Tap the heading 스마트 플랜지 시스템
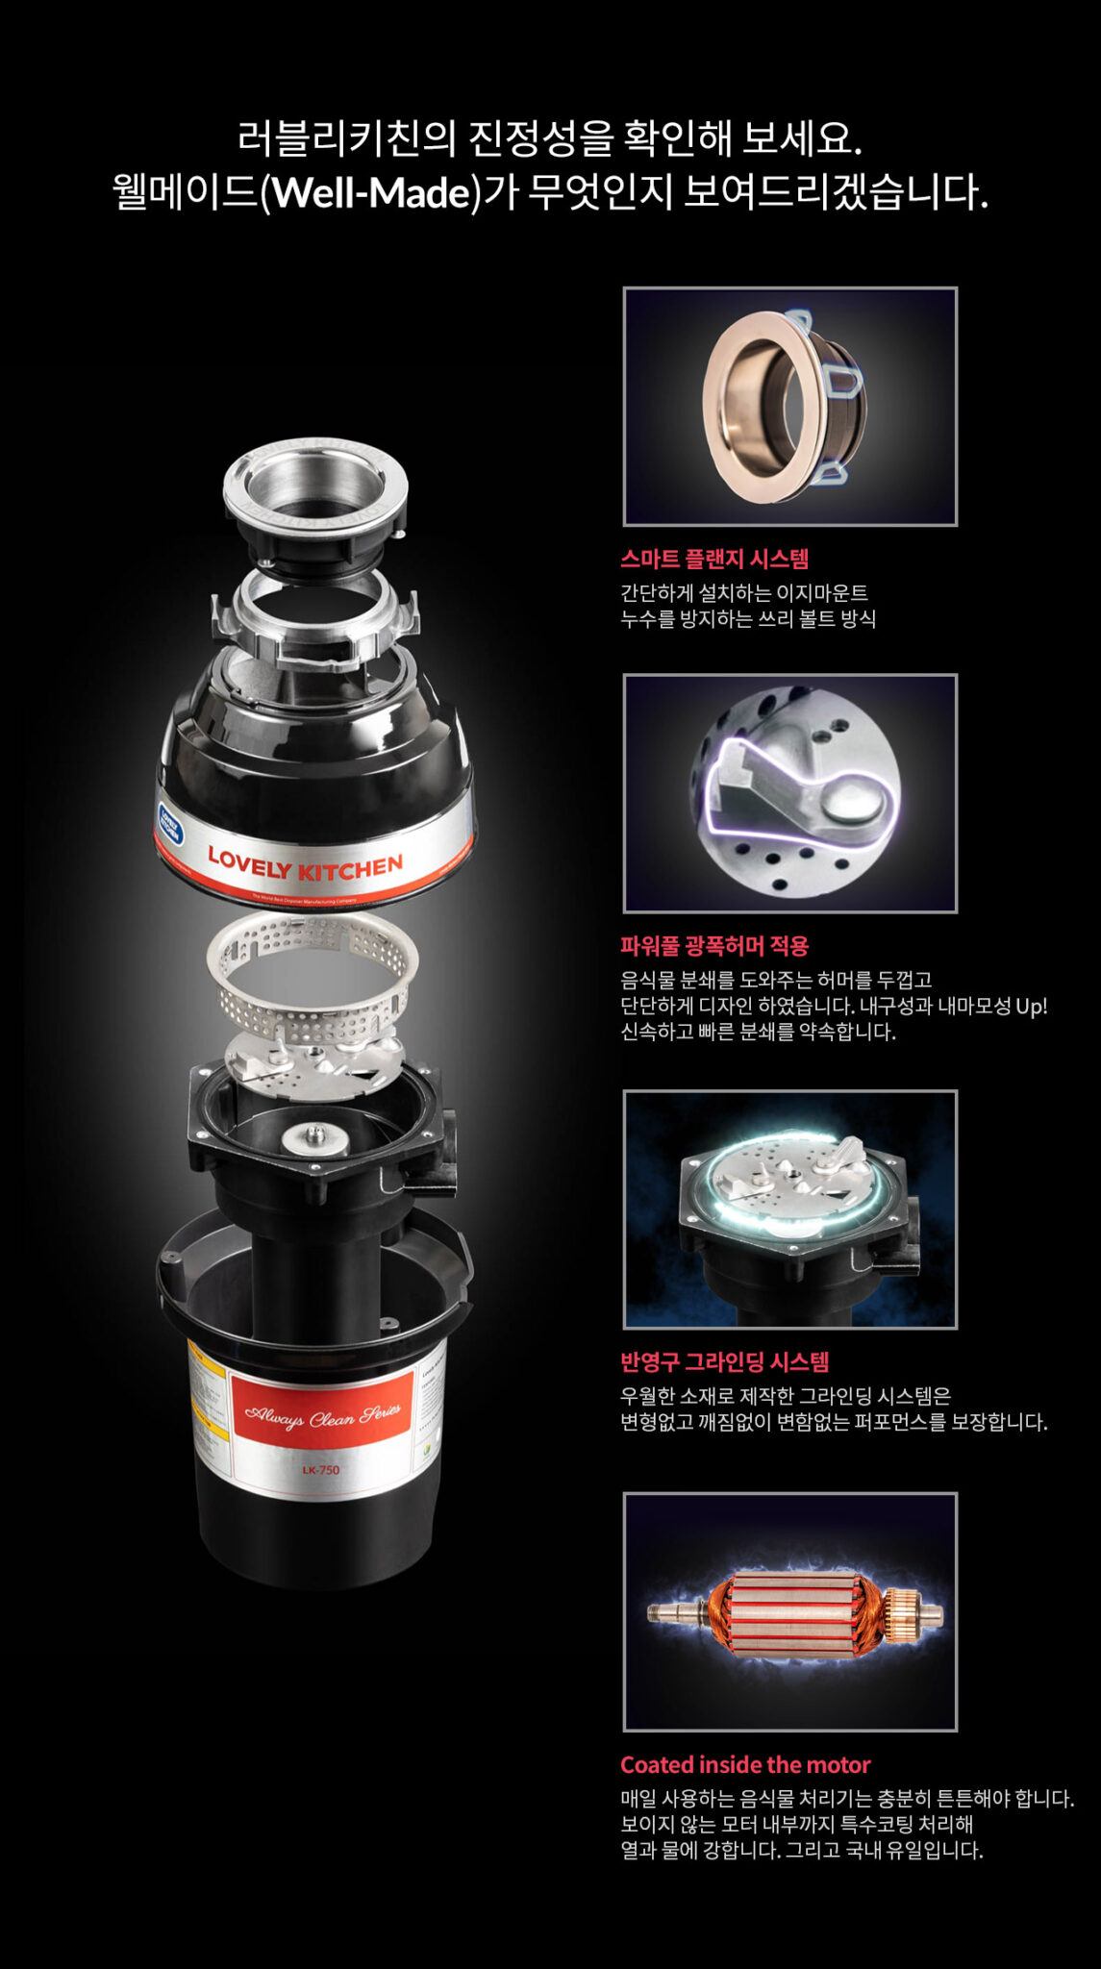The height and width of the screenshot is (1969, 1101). click(714, 559)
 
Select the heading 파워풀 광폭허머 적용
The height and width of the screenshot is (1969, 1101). click(714, 946)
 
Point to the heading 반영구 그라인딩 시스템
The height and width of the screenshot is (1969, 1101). click(724, 1361)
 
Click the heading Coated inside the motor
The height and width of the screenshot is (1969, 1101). click(745, 1764)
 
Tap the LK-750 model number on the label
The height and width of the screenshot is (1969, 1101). click(320, 1470)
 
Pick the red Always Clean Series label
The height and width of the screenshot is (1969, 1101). click(322, 1415)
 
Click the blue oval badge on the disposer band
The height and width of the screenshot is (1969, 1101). click(171, 823)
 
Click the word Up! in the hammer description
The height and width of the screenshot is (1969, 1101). click(1031, 1006)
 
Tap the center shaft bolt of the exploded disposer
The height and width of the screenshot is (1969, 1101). click(314, 1135)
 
